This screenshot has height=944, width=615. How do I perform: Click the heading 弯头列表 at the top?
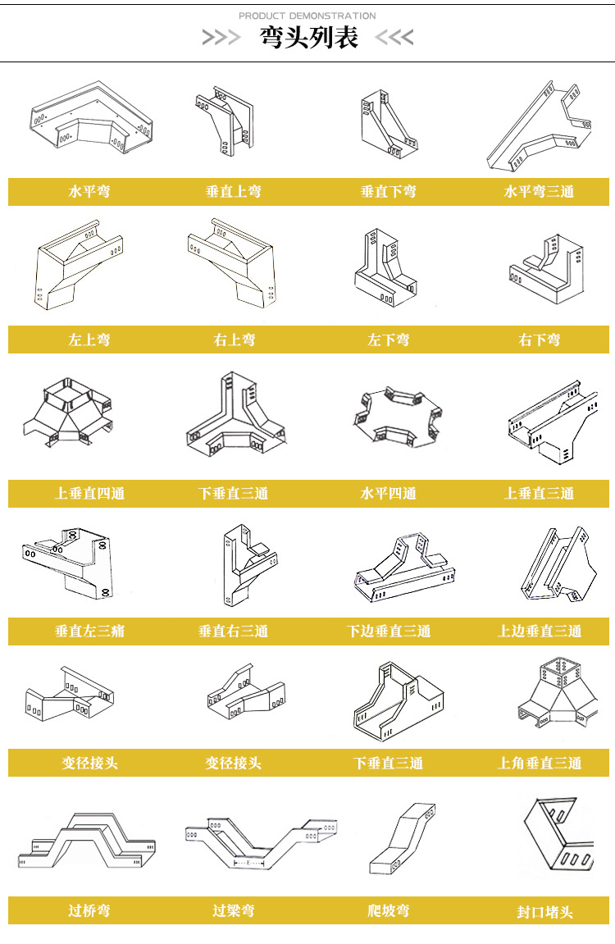coord(308,38)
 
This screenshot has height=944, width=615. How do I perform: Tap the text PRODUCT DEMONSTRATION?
coord(307,16)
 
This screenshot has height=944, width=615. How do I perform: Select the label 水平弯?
coord(89,191)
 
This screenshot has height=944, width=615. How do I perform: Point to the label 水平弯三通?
coord(539,191)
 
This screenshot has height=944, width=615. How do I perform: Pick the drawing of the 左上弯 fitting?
coord(79,266)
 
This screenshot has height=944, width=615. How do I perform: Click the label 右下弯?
coord(540,340)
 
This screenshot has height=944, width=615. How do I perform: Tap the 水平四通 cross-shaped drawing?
coord(397,417)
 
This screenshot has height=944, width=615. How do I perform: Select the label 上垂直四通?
coord(89,493)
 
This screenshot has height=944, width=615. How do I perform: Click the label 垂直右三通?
coord(233,631)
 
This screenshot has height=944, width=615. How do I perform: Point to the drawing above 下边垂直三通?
coord(404,567)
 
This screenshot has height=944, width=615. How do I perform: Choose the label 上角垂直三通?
coord(540,763)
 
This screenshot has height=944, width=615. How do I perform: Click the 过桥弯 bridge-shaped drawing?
coord(87,840)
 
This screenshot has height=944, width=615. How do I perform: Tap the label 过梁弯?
coord(234,910)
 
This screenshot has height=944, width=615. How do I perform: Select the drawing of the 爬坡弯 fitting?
coord(402,838)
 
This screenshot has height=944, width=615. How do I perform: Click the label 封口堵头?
coord(544,912)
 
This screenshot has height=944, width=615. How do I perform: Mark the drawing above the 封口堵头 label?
coord(559,836)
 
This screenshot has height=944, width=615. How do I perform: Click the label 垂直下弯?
coord(388,191)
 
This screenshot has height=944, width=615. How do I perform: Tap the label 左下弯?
coord(388,340)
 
